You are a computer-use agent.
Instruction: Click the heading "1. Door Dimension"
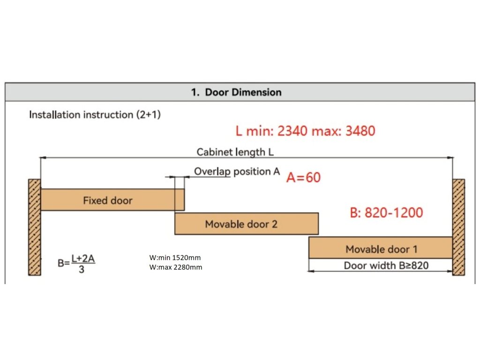tap(236, 92)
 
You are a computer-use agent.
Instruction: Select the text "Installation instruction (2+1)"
tap(95, 115)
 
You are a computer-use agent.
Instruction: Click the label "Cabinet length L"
tap(235, 152)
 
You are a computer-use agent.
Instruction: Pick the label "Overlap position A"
tap(237, 172)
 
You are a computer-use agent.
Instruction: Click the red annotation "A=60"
tap(304, 178)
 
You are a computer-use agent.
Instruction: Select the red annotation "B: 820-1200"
tap(386, 213)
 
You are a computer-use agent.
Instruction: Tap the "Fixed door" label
tap(108, 201)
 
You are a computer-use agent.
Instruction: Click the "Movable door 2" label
tap(241, 224)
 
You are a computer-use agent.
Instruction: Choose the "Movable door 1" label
tap(381, 249)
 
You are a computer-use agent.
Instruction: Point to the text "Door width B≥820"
tap(386, 266)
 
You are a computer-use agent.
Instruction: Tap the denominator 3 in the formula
tap(82, 270)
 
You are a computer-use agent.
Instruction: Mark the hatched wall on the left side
tap(34, 227)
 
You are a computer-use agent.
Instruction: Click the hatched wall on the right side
tap(458, 227)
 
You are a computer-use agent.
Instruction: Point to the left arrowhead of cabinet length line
tap(43, 158)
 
